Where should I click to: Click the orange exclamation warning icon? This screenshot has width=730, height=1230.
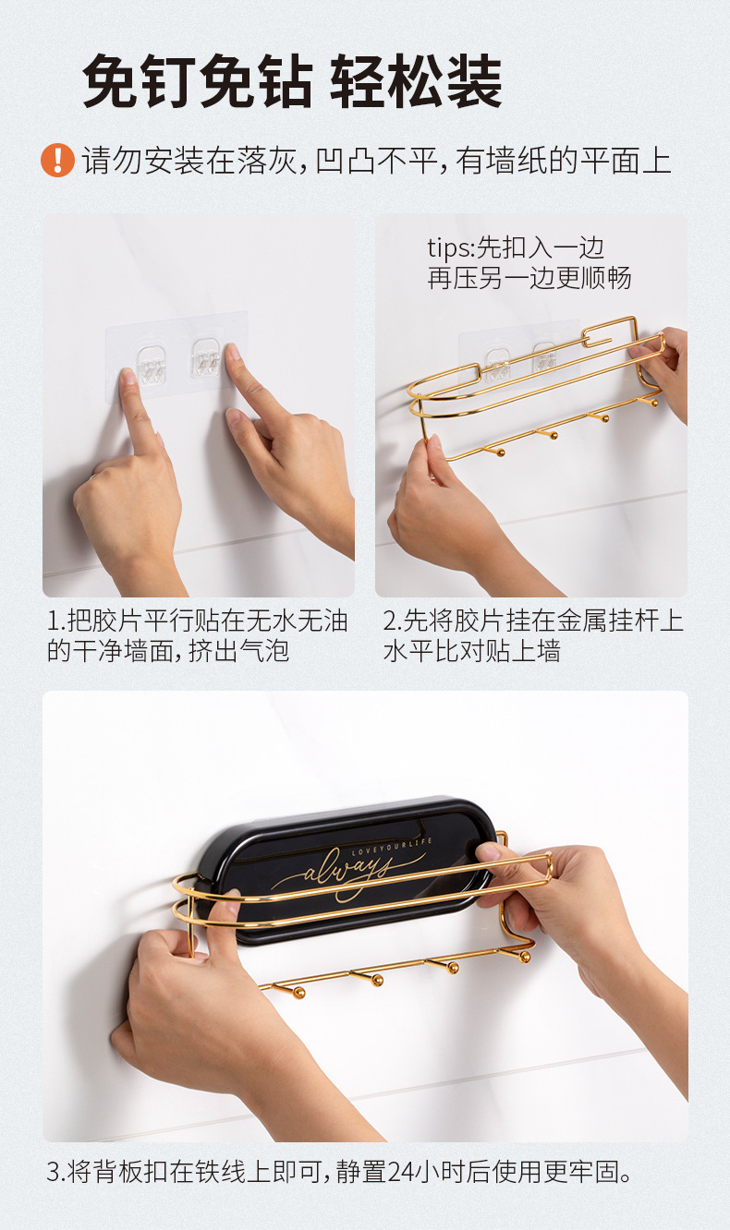coord(57,161)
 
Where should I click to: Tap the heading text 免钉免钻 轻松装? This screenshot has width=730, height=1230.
coord(292,81)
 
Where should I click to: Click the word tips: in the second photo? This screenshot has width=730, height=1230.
coord(450,248)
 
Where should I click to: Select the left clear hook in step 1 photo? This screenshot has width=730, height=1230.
coord(151,364)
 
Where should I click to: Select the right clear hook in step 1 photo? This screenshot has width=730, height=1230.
coord(205,357)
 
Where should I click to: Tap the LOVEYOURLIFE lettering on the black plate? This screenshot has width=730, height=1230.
coord(391,846)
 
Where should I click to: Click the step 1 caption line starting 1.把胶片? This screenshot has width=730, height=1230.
coord(198,621)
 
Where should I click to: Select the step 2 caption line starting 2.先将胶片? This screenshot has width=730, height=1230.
coord(533,621)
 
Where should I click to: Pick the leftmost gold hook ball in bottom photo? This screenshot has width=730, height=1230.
coord(298,993)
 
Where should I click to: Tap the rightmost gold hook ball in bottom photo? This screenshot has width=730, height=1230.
coord(525,957)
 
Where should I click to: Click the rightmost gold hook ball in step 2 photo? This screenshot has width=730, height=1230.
coord(653,403)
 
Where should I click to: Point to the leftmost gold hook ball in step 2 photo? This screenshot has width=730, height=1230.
coord(500,453)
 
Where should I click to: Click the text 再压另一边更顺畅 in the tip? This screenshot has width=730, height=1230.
coord(529,278)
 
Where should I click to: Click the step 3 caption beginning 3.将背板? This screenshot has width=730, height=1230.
coord(339,1172)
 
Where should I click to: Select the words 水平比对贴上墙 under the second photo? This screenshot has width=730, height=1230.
coord(472,651)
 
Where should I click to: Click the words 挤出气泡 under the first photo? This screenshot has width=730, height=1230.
coord(239,651)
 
